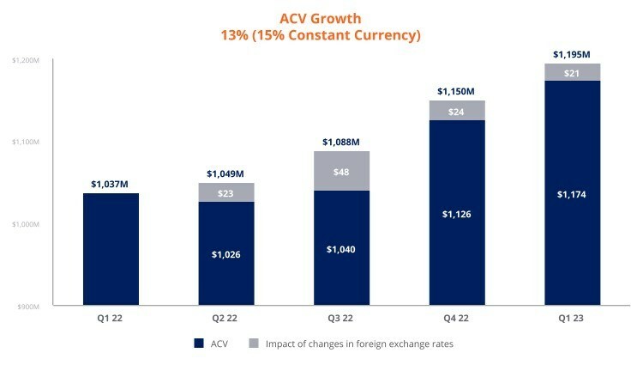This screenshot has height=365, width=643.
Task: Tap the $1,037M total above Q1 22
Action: click(111, 184)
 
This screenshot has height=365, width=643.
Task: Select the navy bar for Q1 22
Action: click(111, 249)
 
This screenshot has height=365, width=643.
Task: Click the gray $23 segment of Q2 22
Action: click(226, 192)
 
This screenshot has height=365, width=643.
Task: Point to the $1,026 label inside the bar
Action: click(226, 255)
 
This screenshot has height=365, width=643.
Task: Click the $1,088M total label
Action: click(341, 142)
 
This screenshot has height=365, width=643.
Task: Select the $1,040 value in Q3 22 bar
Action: click(341, 249)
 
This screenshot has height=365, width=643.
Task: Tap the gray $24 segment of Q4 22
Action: click(457, 111)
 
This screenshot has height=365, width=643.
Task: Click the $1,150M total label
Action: click(457, 91)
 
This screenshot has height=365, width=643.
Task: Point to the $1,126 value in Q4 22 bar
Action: click(457, 214)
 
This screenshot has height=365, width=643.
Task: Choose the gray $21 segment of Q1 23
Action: click(573, 72)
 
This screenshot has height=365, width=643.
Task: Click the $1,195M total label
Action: click(573, 54)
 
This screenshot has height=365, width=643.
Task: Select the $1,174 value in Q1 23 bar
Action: click(573, 194)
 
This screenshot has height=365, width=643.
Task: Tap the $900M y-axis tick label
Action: click(26, 306)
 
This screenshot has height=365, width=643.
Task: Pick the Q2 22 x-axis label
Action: click(226, 317)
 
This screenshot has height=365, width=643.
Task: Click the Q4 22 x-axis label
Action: click(457, 317)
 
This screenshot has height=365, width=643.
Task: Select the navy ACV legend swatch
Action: click(198, 344)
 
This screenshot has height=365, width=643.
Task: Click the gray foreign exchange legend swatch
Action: click(253, 344)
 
